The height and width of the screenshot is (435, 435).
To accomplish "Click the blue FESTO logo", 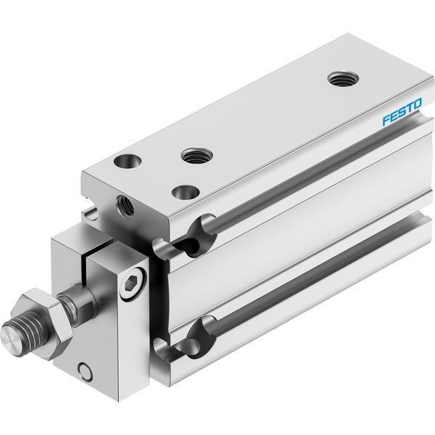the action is [x=402, y=112].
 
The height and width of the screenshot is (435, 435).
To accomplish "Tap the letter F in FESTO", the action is [x=386, y=120].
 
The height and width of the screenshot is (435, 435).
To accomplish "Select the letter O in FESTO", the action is [x=417, y=104].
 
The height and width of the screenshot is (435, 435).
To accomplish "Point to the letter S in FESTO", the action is [x=402, y=112].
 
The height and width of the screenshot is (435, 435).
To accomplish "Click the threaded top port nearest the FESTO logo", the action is [x=343, y=79].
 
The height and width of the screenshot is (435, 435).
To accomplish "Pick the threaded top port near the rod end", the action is [x=196, y=155].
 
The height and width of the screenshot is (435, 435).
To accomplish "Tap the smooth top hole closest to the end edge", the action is [x=128, y=162].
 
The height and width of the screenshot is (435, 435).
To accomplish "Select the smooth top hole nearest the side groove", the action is [x=186, y=192].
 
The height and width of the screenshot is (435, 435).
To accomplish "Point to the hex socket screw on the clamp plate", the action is [x=133, y=283].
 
